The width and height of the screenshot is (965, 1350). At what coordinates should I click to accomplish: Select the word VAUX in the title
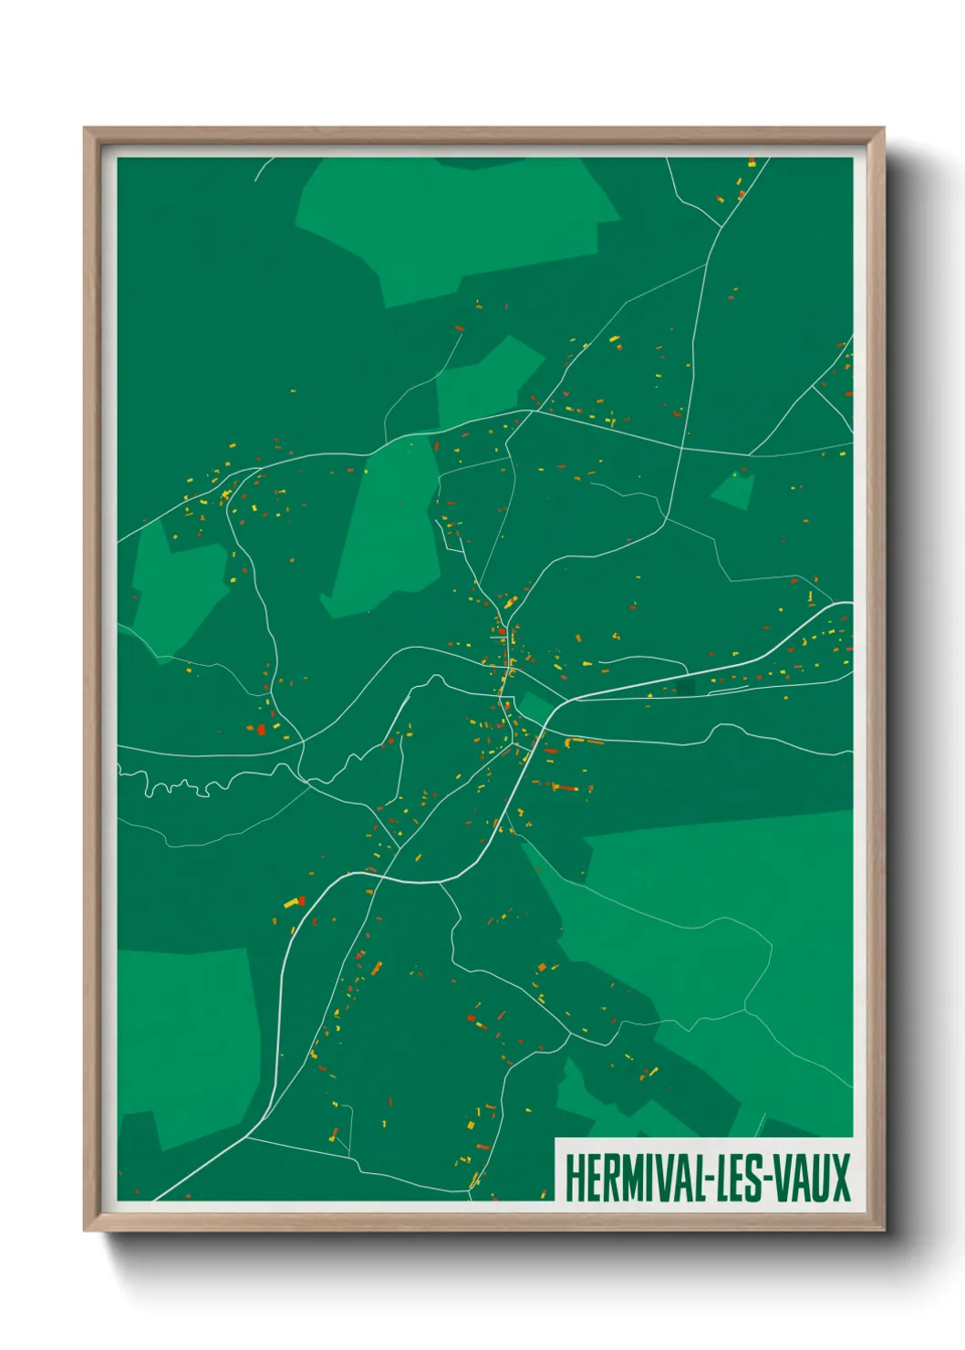click(x=815, y=1179)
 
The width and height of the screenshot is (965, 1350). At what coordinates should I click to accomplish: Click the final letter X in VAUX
click(x=841, y=1179)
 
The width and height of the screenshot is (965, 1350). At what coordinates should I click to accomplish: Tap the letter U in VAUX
click(x=824, y=1179)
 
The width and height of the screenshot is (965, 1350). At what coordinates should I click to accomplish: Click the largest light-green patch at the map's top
click(x=456, y=228)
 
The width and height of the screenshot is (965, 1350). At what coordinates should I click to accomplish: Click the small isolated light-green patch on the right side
click(x=734, y=491)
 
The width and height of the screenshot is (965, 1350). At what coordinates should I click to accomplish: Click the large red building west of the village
click(x=261, y=729)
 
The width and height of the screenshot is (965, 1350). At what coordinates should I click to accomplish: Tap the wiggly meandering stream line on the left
click(x=182, y=784)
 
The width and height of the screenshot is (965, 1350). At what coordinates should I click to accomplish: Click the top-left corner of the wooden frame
click(x=86, y=130)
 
